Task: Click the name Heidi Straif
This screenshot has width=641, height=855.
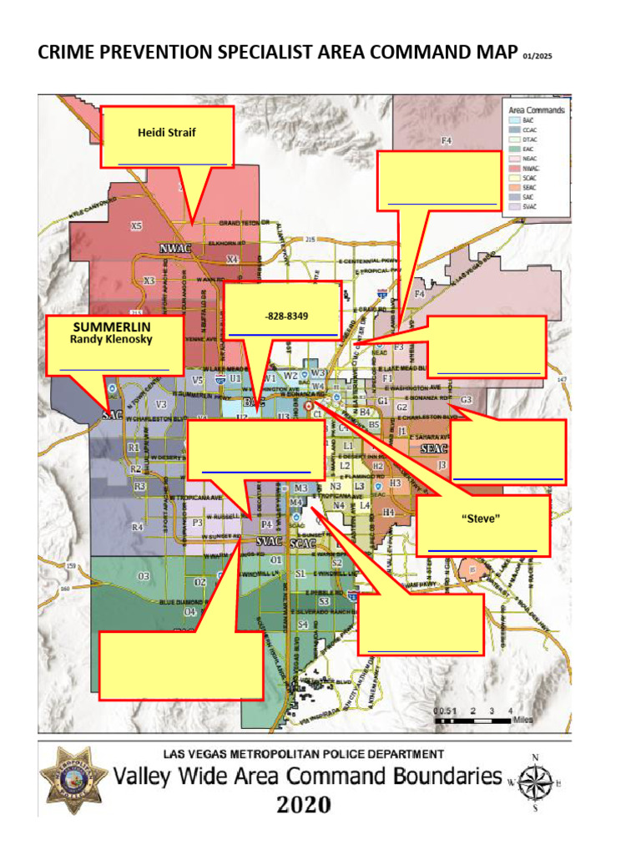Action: pos(166,133)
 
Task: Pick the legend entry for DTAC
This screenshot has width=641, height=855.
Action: pos(528,139)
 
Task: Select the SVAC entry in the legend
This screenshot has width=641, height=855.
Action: pos(528,206)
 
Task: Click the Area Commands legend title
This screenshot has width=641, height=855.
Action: pos(537,110)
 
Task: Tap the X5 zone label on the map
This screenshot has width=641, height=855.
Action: pos(137,226)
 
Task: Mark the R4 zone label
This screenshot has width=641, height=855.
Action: pos(138,527)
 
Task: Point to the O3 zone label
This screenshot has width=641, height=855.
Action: pos(144,576)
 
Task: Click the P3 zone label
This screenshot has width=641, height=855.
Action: pos(197,523)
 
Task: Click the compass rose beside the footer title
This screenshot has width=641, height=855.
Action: pos(535,782)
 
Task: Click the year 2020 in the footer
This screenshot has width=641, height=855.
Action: pos(304,805)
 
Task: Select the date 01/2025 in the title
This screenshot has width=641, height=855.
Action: pos(538,57)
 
